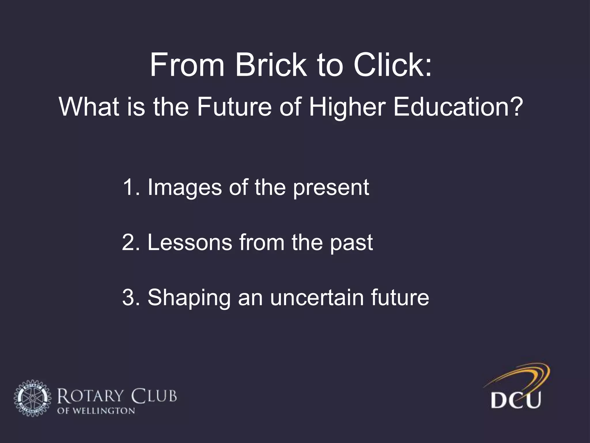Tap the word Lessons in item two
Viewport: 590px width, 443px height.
[190, 243]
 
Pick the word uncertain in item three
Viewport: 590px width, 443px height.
[317, 298]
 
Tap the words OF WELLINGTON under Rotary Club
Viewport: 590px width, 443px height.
[96, 411]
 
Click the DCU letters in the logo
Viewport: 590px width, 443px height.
[516, 399]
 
